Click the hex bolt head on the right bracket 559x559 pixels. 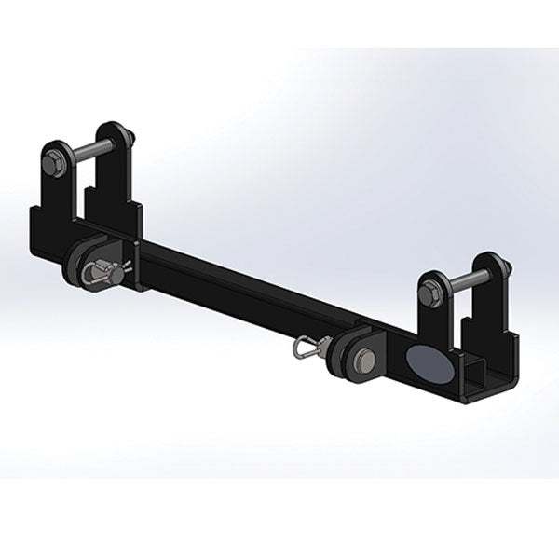[430, 293]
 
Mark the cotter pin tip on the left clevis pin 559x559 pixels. [127, 272]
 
